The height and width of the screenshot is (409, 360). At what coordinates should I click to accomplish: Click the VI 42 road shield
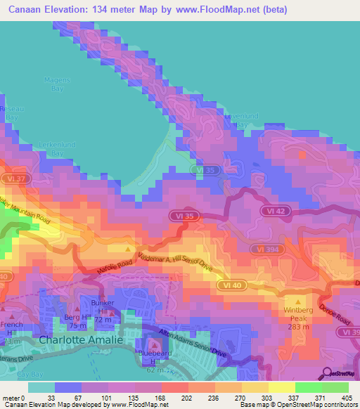click(275, 211)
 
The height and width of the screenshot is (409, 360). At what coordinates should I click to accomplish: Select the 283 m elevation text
click(298, 326)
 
